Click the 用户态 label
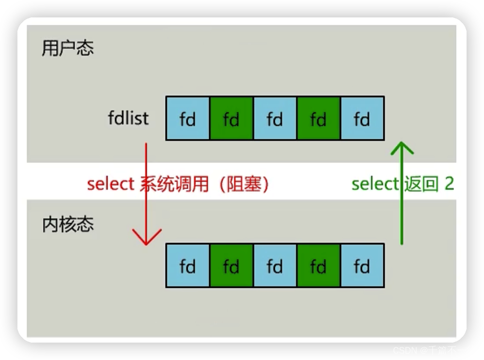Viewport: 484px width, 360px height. click(67, 49)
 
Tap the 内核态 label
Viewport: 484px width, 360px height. click(67, 225)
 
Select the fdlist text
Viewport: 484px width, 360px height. click(128, 119)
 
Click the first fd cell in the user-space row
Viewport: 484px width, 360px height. click(188, 119)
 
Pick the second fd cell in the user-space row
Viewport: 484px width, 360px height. click(231, 119)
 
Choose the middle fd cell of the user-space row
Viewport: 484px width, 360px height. click(275, 119)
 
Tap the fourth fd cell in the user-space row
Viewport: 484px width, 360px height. click(318, 119)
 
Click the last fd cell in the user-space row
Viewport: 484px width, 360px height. click(362, 119)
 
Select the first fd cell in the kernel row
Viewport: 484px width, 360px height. click(188, 266)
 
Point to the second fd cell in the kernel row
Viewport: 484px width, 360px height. click(231, 266)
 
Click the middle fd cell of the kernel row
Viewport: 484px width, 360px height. click(275, 266)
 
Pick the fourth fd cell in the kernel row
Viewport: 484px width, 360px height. click(318, 266)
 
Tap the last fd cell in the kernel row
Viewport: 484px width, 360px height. click(362, 266)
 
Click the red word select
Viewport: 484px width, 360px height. click(110, 184)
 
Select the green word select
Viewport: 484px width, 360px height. click(375, 184)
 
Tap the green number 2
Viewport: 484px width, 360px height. click(449, 184)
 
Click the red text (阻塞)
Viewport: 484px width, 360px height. click(244, 184)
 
